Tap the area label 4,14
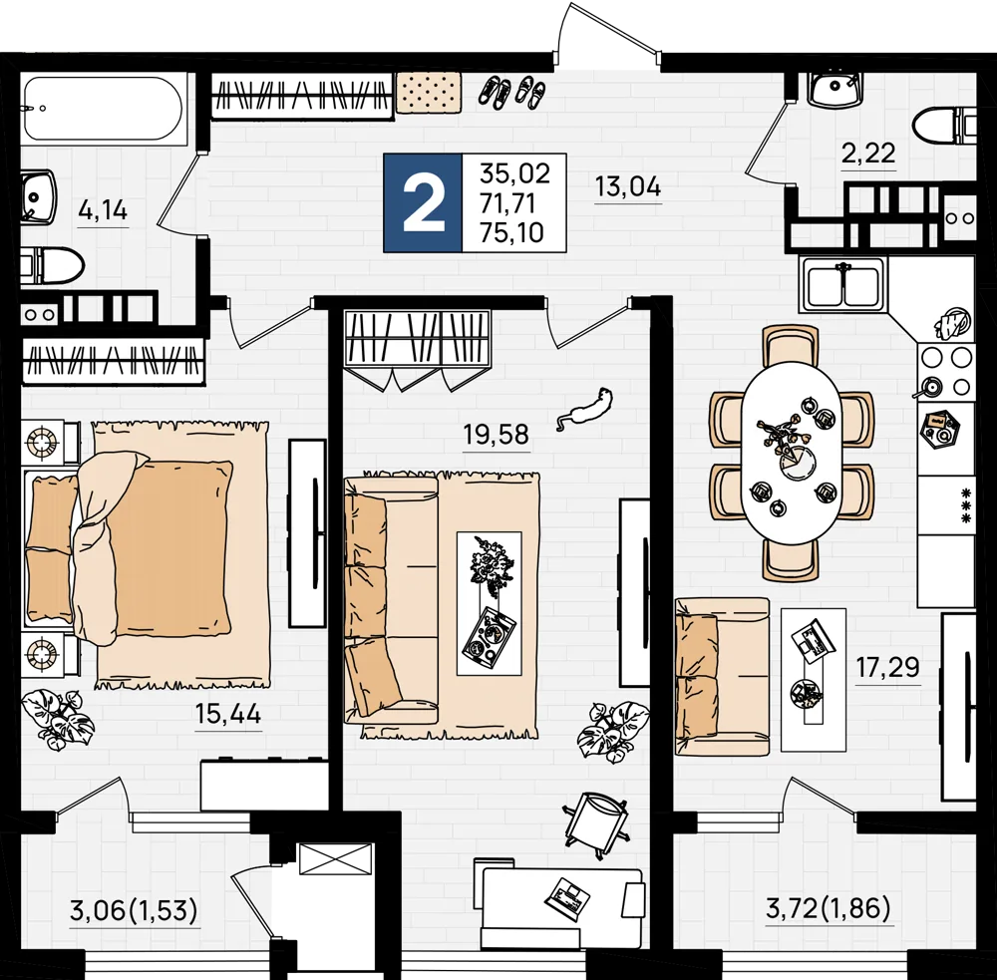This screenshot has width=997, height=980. tap(103, 209)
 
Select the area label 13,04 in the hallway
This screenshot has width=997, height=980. tap(627, 186)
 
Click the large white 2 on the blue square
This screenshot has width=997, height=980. tap(423, 202)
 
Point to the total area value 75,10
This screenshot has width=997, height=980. tap(511, 232)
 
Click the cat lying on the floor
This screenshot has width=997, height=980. tap(585, 409)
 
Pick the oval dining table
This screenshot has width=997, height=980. tap(791, 454)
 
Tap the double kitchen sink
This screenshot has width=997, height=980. tap(842, 285)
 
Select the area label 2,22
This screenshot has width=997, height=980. tap(868, 154)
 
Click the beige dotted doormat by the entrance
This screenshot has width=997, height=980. tap(428, 92)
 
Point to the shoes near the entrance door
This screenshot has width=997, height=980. tap(511, 92)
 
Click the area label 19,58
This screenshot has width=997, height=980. tap(496, 435)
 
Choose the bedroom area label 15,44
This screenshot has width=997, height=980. tap(228, 714)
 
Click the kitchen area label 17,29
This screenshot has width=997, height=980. tap(887, 668)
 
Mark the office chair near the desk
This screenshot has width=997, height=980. tap(596, 825)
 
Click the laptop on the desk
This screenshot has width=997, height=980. tap(566, 898)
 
